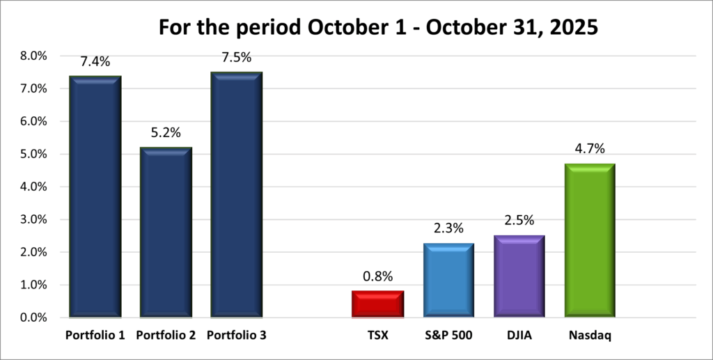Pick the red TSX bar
coord(377,304)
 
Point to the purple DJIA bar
coord(519,276)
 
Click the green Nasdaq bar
coord(589,240)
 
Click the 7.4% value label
coord(95,62)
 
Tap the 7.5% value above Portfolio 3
coord(236,58)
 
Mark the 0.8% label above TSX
coord(377,276)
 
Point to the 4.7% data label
coord(589,149)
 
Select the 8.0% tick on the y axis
coord(33,56)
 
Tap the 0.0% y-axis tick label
coord(33,318)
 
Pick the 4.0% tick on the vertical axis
coord(33,187)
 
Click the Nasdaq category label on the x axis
coord(589,336)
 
